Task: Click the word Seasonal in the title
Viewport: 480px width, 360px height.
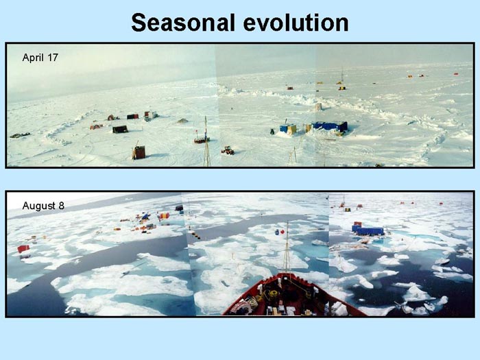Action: point(183,23)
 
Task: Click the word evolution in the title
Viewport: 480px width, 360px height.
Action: point(296,23)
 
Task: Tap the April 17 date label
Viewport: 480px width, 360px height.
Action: point(40,57)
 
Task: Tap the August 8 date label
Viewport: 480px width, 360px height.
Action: point(43,206)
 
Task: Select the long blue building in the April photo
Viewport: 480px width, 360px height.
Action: point(330,126)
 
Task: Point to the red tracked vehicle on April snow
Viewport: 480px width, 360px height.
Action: point(228,150)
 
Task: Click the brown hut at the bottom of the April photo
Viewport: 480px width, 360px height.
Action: point(139,152)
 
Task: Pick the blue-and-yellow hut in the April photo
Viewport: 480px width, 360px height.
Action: point(288,129)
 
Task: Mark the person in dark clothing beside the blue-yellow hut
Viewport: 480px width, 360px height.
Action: point(272,132)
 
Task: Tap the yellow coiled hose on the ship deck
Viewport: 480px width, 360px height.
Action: point(272,294)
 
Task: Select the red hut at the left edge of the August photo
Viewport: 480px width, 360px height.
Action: point(23,249)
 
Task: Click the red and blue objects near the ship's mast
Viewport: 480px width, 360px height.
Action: point(280,232)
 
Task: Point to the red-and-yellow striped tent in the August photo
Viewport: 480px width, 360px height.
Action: point(164,216)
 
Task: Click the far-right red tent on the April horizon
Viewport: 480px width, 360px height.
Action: point(456,74)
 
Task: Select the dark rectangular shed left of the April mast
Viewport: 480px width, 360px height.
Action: point(120,129)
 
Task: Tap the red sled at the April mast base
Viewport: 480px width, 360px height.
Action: point(202,140)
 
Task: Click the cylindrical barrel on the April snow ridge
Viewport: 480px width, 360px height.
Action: point(319,107)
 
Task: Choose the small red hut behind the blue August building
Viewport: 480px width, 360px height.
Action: point(357,224)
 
